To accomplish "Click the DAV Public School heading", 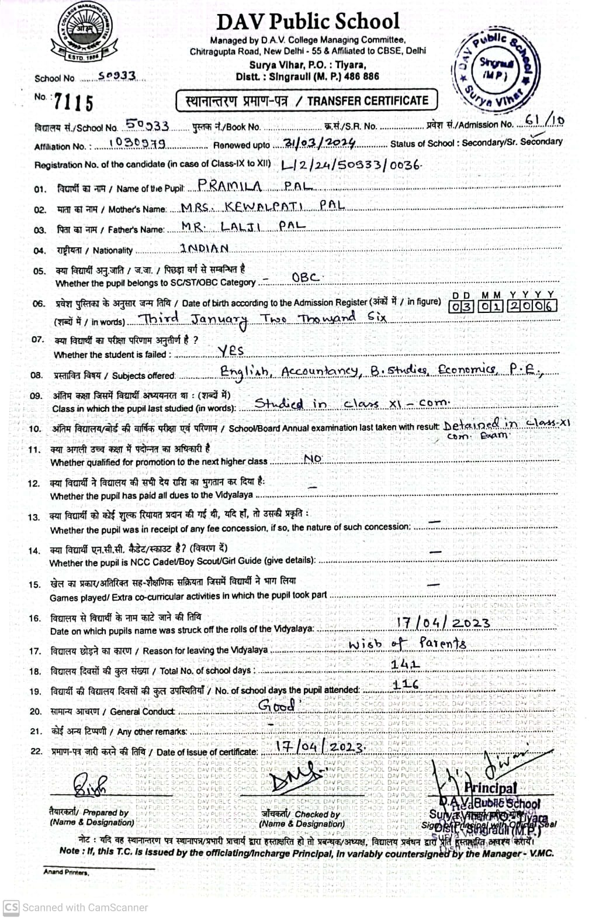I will coord(307,22).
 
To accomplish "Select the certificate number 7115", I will coord(73,103).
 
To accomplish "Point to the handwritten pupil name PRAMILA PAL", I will coord(255,186).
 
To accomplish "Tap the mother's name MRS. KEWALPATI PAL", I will coord(262,206).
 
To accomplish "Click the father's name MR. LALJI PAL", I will coord(243,226).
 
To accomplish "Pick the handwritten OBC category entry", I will coord(305,277).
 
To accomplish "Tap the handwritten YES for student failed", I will coord(231,350).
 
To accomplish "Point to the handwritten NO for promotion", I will coord(313,459).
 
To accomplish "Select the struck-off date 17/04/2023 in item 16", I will coord(443,623).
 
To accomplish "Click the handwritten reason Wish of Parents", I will coord(407,644).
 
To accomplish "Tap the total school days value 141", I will coord(406,664).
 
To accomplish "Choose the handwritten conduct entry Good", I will coord(277,706).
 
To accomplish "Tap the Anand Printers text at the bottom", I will coord(66,872).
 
